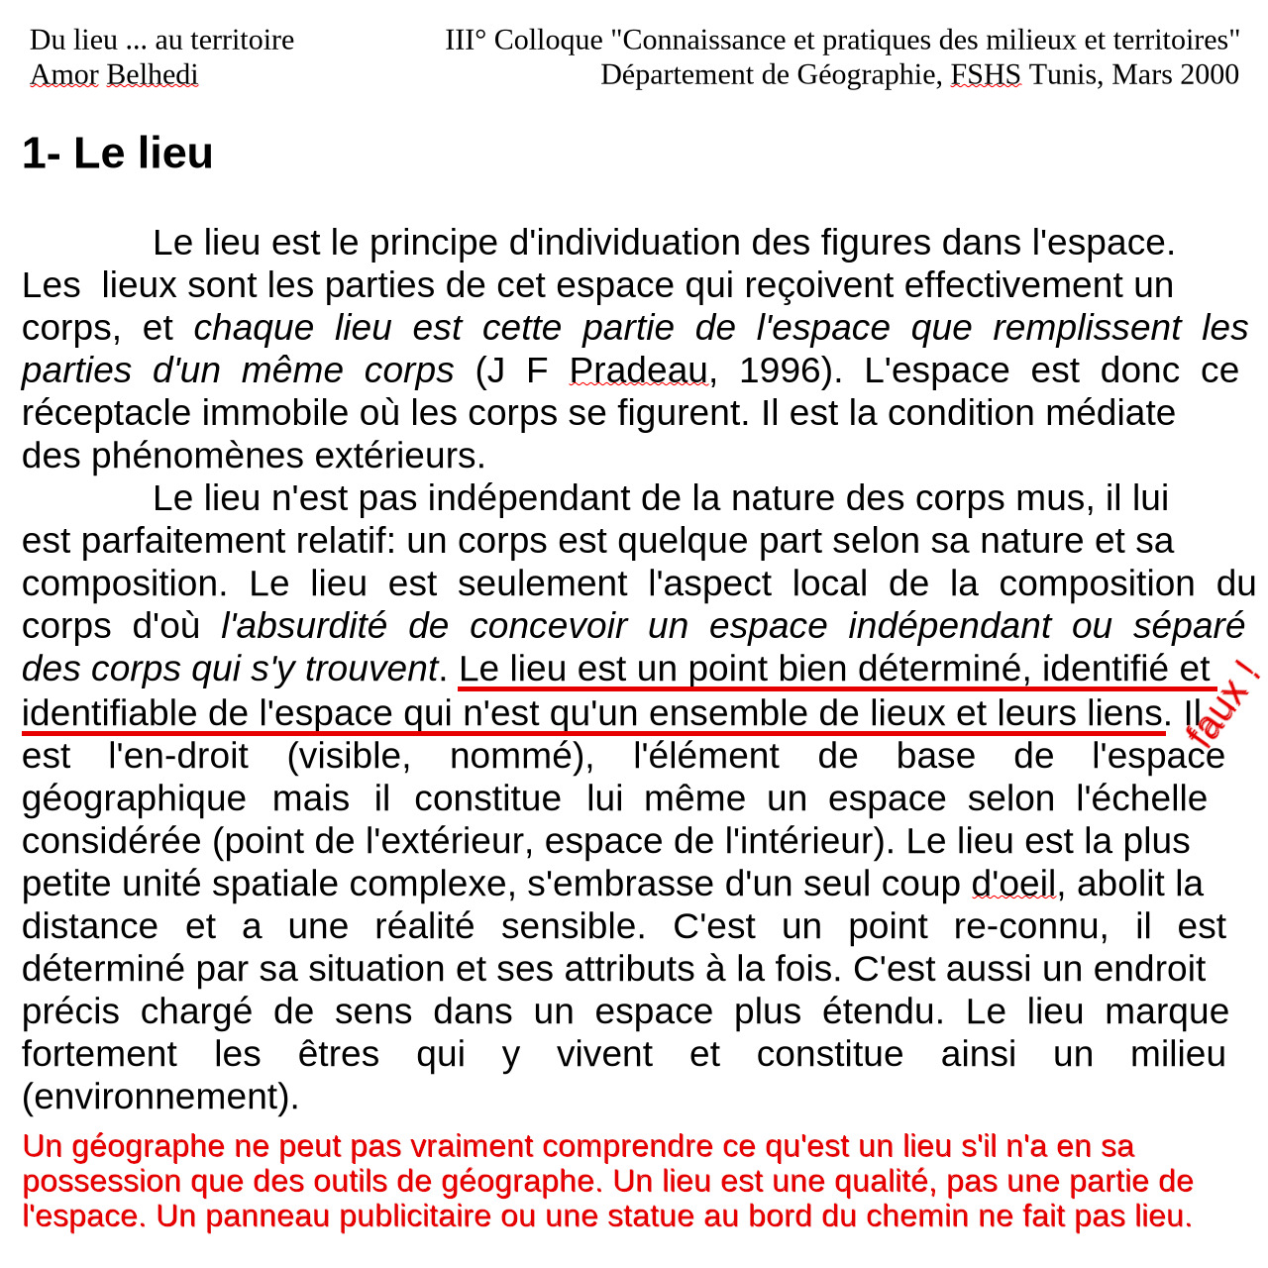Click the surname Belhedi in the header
153,74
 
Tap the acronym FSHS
986,74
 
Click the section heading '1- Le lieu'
118,154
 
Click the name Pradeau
639,370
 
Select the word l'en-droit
178,756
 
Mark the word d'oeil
1014,884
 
